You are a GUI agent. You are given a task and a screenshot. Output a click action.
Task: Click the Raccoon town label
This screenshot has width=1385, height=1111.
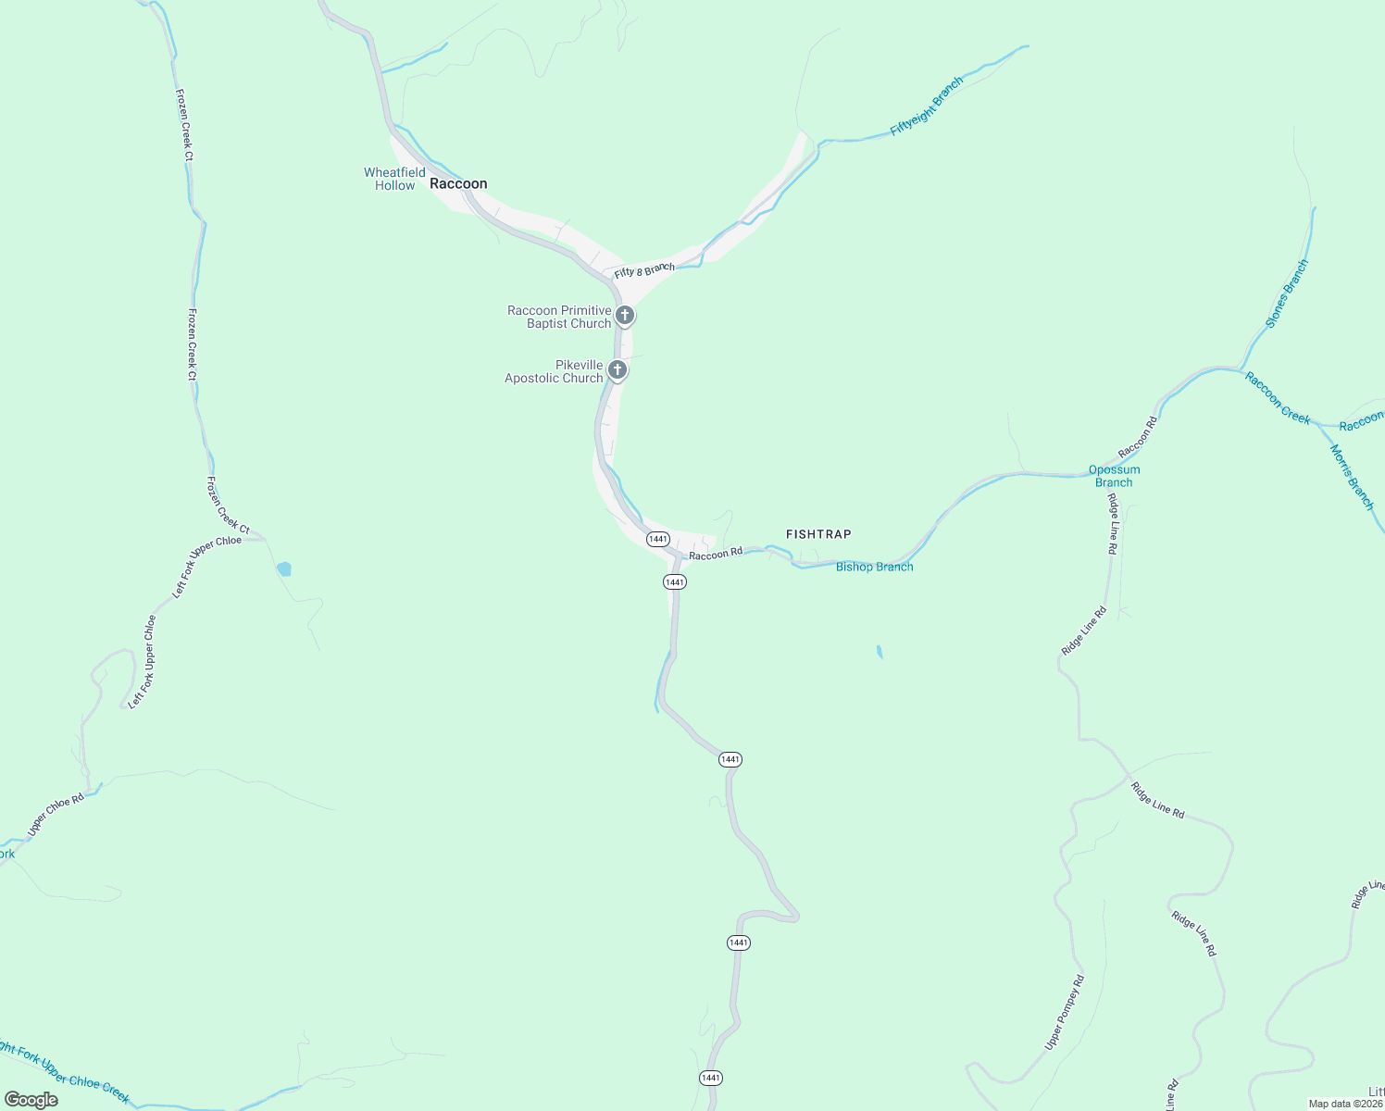coord(458,183)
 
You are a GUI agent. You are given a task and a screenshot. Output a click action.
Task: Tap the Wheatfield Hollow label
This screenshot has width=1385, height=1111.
coord(394,179)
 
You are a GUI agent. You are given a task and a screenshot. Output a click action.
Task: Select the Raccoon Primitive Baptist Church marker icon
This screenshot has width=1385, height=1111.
coord(625,316)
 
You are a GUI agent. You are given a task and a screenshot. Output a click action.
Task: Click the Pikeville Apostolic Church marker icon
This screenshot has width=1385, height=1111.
coord(617,370)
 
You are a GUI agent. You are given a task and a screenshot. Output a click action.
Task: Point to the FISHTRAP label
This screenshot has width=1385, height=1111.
coord(818,534)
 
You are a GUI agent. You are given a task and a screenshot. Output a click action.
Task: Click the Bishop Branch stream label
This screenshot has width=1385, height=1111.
coord(874,567)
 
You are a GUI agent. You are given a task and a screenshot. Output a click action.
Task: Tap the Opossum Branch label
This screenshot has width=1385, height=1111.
coord(1114,476)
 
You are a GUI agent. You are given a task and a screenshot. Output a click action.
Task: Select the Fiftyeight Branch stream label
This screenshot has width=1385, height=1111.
coord(927,106)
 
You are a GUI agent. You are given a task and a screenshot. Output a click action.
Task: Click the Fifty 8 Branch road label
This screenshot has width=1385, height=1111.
coord(644,270)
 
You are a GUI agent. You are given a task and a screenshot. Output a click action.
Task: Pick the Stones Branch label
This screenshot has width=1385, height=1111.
coord(1287,293)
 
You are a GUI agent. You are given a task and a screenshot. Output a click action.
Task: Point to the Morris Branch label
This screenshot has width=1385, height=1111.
coord(1352,477)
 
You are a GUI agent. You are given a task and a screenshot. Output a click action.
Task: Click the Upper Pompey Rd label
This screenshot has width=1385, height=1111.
coord(1065,1013)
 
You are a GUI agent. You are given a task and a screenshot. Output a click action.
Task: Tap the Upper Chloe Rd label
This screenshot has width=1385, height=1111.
coord(56,814)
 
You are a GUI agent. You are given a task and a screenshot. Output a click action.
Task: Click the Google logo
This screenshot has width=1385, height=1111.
coord(31,1100)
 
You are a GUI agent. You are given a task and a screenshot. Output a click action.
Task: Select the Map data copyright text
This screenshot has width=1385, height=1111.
coord(1345,1104)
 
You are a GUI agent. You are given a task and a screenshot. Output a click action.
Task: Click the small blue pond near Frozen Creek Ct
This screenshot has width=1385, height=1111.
coord(284,568)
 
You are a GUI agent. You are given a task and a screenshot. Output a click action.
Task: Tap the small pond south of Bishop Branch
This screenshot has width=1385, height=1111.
coord(879,652)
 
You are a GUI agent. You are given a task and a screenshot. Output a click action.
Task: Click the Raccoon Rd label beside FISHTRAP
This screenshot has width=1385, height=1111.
coord(716,553)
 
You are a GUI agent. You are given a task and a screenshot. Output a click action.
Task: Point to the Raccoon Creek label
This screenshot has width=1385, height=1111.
coord(1278,398)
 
